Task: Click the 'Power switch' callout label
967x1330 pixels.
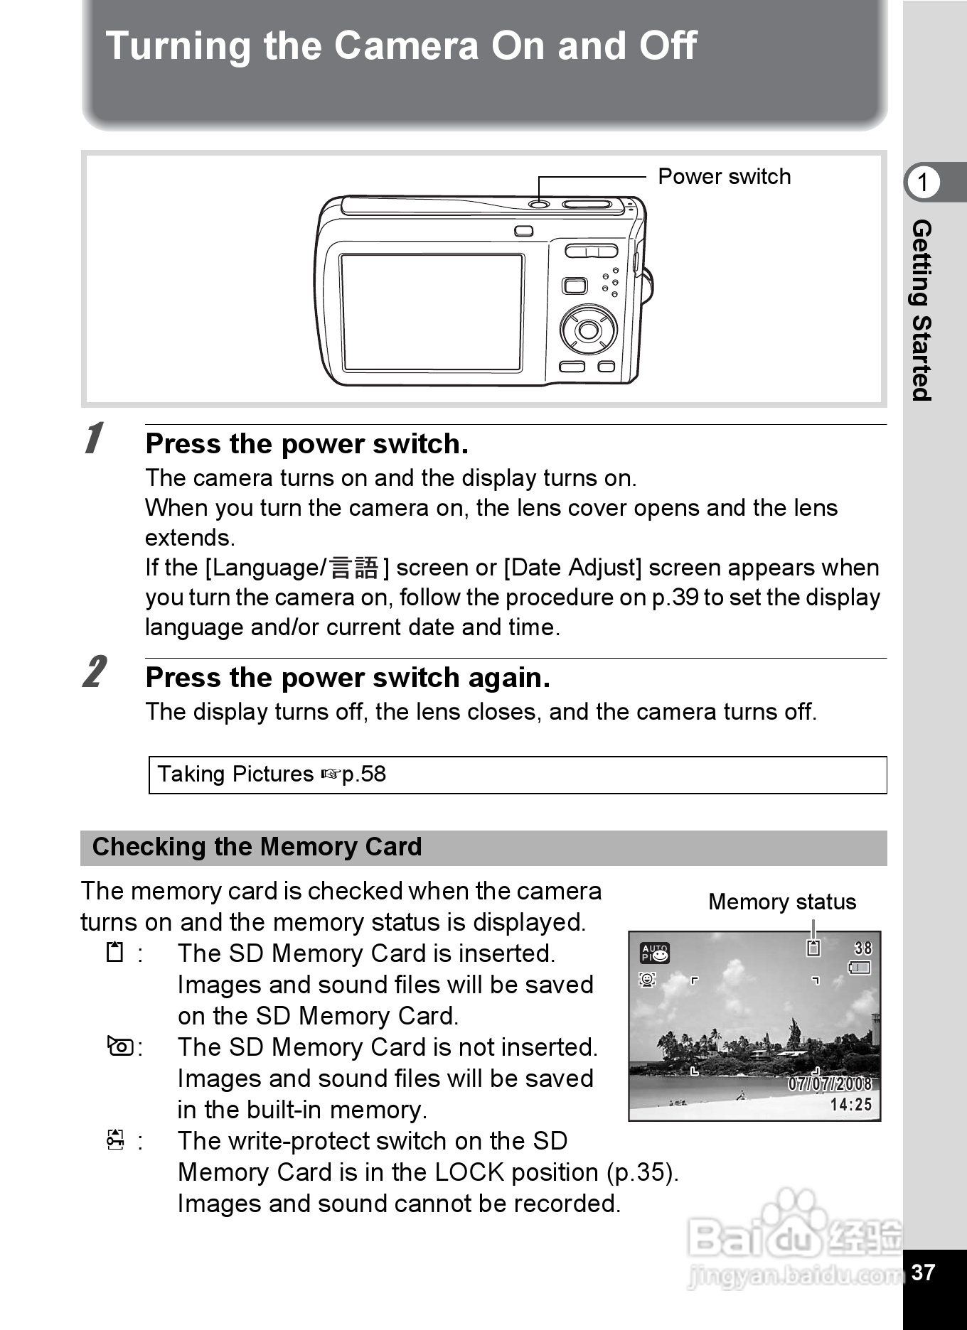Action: coord(724,176)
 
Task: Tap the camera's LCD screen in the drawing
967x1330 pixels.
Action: coord(432,312)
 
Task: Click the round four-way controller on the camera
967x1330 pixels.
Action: coord(588,330)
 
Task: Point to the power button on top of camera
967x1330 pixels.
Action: coord(539,205)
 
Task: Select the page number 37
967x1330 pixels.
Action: coord(923,1272)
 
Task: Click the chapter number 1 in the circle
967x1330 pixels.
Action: coord(923,183)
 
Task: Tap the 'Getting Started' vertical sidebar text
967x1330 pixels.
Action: coord(922,310)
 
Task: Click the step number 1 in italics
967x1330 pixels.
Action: coord(93,438)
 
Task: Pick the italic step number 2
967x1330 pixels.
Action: coord(95,672)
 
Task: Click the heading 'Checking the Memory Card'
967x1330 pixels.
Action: coord(257,847)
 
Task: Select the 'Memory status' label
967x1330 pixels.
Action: coord(782,902)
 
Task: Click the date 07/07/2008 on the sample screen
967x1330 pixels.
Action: coord(829,1083)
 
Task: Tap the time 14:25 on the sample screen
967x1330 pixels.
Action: coord(850,1104)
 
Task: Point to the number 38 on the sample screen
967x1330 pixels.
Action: coord(862,948)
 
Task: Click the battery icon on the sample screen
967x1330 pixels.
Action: coord(860,967)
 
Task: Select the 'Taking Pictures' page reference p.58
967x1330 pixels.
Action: coord(363,774)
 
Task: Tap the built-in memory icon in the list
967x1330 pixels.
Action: coord(120,1047)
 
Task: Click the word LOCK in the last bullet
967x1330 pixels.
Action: coord(469,1172)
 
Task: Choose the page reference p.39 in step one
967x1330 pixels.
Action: coord(675,598)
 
